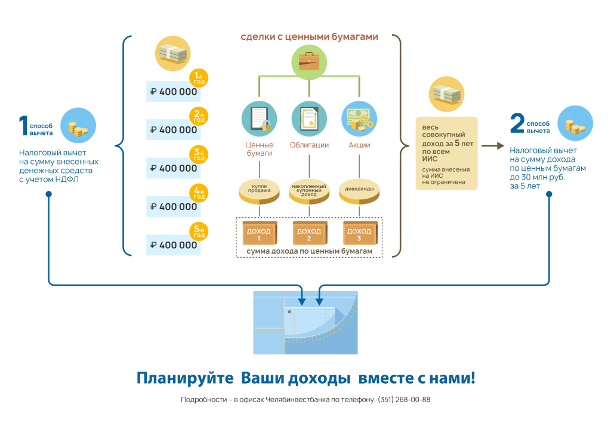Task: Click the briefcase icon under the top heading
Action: (x=309, y=62)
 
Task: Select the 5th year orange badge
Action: (x=199, y=232)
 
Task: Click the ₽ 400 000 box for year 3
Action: (x=174, y=168)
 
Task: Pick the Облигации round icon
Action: (x=309, y=119)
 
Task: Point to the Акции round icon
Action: (x=359, y=119)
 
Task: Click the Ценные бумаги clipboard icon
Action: (x=259, y=119)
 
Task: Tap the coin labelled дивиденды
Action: (x=359, y=189)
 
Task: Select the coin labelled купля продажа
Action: (x=259, y=190)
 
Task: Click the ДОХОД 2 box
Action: (x=309, y=233)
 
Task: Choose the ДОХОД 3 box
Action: (x=359, y=233)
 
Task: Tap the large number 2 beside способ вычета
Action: (x=516, y=124)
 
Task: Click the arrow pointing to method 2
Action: (x=492, y=145)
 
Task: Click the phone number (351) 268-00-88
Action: (x=403, y=400)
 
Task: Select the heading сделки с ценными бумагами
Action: (x=309, y=37)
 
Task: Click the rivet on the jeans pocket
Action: (x=289, y=312)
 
